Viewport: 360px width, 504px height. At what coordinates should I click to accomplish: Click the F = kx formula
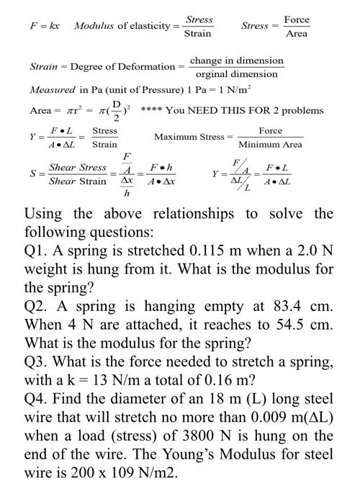(45, 26)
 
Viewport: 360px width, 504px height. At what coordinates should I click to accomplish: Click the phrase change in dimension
(236, 60)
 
